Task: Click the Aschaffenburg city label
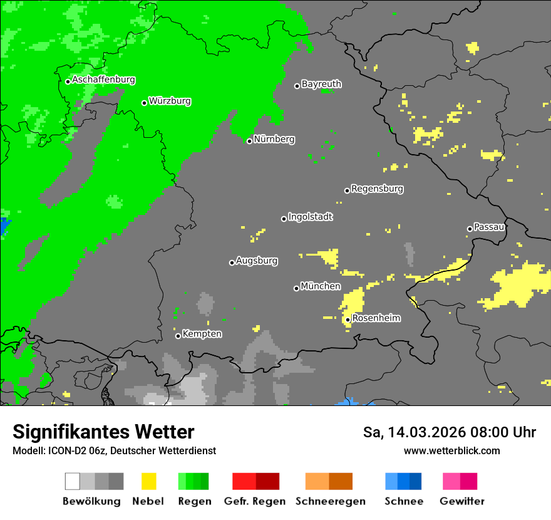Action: (103, 80)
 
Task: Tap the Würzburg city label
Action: (170, 101)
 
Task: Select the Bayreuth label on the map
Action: (321, 84)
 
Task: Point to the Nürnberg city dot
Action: (249, 141)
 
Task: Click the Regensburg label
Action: (377, 189)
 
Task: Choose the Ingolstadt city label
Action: (310, 217)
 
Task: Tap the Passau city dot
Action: (470, 229)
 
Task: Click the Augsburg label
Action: (257, 261)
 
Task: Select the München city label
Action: (321, 286)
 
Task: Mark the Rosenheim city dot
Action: (348, 320)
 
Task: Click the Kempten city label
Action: (202, 334)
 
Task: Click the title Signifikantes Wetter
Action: (103, 432)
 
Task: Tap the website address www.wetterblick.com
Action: (451, 450)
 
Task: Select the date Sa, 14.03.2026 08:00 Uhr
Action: (449, 432)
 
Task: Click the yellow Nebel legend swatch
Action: (148, 481)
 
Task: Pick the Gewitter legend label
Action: (461, 501)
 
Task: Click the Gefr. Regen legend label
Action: (255, 501)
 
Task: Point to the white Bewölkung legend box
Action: (73, 481)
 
